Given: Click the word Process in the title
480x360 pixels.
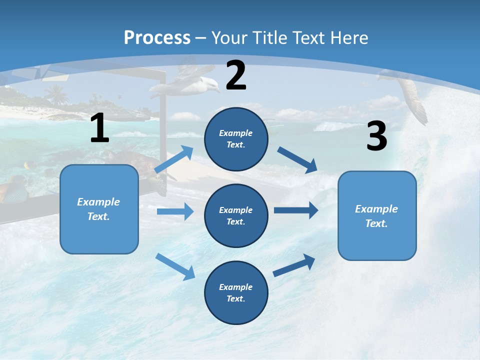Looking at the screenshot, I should (157, 37).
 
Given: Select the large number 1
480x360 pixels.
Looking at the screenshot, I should (99, 128).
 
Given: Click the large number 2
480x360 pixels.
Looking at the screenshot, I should (236, 76).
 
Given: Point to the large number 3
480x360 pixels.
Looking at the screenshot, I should (376, 136).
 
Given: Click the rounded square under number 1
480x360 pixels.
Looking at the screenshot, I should (99, 209).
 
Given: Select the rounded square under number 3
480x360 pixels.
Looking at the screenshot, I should (377, 215).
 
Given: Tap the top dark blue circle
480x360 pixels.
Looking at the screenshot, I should (236, 139).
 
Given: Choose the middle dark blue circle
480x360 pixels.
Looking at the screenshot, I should (236, 215).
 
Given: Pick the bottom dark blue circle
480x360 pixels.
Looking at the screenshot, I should (236, 292).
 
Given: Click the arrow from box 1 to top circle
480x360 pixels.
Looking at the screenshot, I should (174, 159).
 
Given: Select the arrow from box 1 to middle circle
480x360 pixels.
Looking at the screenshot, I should (175, 211).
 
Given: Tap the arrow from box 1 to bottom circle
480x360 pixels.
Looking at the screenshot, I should (175, 266).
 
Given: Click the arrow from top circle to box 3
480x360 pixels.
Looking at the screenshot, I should (297, 159).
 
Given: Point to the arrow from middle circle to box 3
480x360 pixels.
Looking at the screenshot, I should (296, 210).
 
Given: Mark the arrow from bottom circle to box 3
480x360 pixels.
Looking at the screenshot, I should (294, 265).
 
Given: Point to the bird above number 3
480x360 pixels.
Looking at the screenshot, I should (410, 95).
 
